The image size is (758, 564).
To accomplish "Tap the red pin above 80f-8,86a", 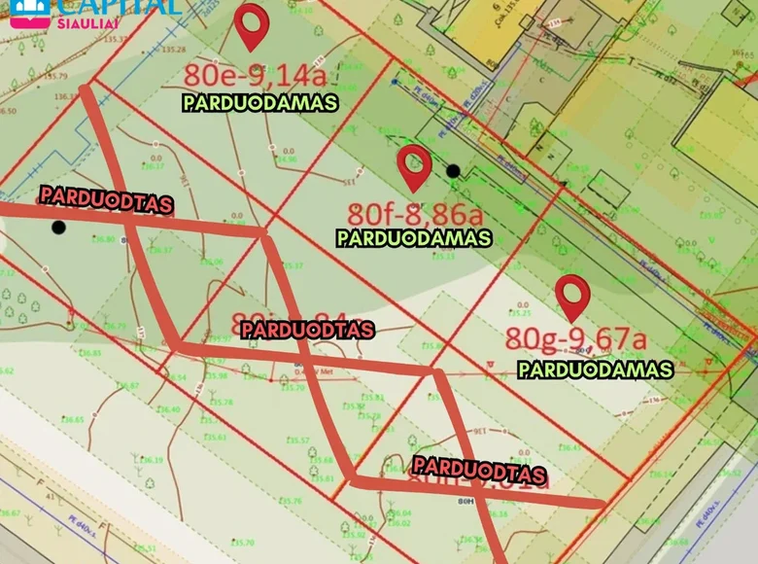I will [415, 166].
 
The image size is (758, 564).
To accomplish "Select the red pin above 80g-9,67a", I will [572, 297].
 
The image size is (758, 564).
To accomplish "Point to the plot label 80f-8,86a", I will [415, 212].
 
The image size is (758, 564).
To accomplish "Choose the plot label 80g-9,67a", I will [575, 339].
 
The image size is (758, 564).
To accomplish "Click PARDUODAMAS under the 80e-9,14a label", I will [259, 102].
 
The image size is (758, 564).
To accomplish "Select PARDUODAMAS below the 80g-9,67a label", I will [595, 370].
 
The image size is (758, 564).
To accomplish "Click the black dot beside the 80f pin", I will [453, 171].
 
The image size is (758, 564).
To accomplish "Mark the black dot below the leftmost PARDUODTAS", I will [58, 228].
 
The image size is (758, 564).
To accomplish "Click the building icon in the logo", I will [30, 10].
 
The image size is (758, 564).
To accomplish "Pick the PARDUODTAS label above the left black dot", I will [106, 199].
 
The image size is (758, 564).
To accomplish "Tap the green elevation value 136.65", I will [73, 420].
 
